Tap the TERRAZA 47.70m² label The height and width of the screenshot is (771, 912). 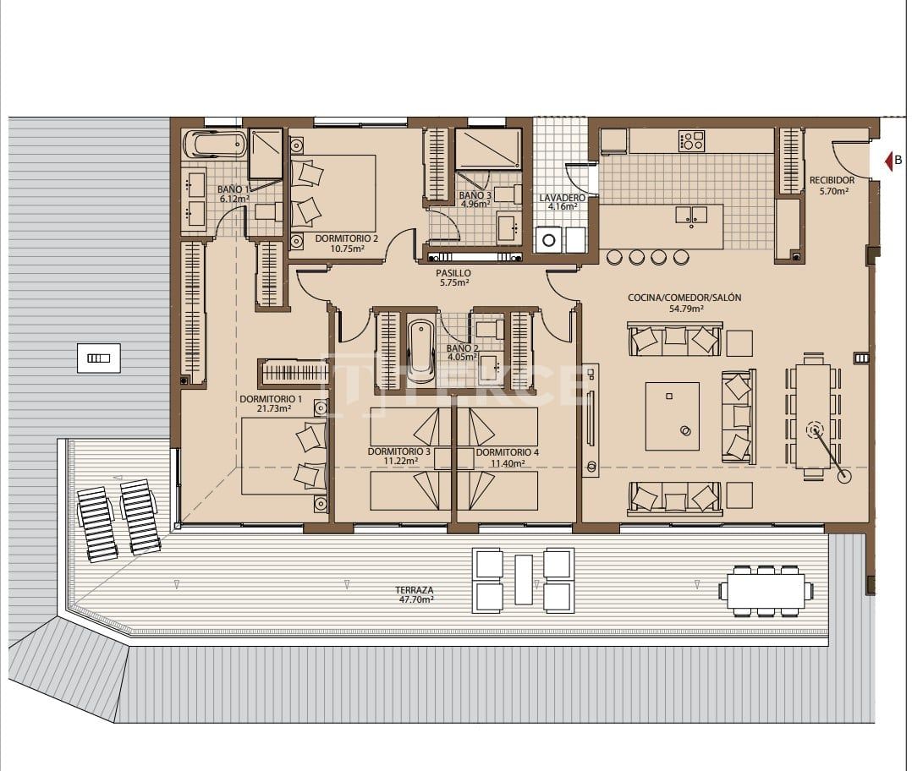coord(415,593)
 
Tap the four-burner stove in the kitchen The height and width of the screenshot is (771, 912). coord(691,140)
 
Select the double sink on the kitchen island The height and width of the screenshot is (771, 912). coord(691,215)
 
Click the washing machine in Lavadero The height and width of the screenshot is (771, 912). coord(549,240)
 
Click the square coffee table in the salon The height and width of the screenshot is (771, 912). coord(673,416)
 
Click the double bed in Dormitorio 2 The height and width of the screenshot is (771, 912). coord(334,193)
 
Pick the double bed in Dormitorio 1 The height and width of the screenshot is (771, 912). coord(283,457)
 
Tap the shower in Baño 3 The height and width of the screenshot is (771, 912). coord(489,149)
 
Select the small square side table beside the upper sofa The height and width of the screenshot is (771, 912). coord(739,342)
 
